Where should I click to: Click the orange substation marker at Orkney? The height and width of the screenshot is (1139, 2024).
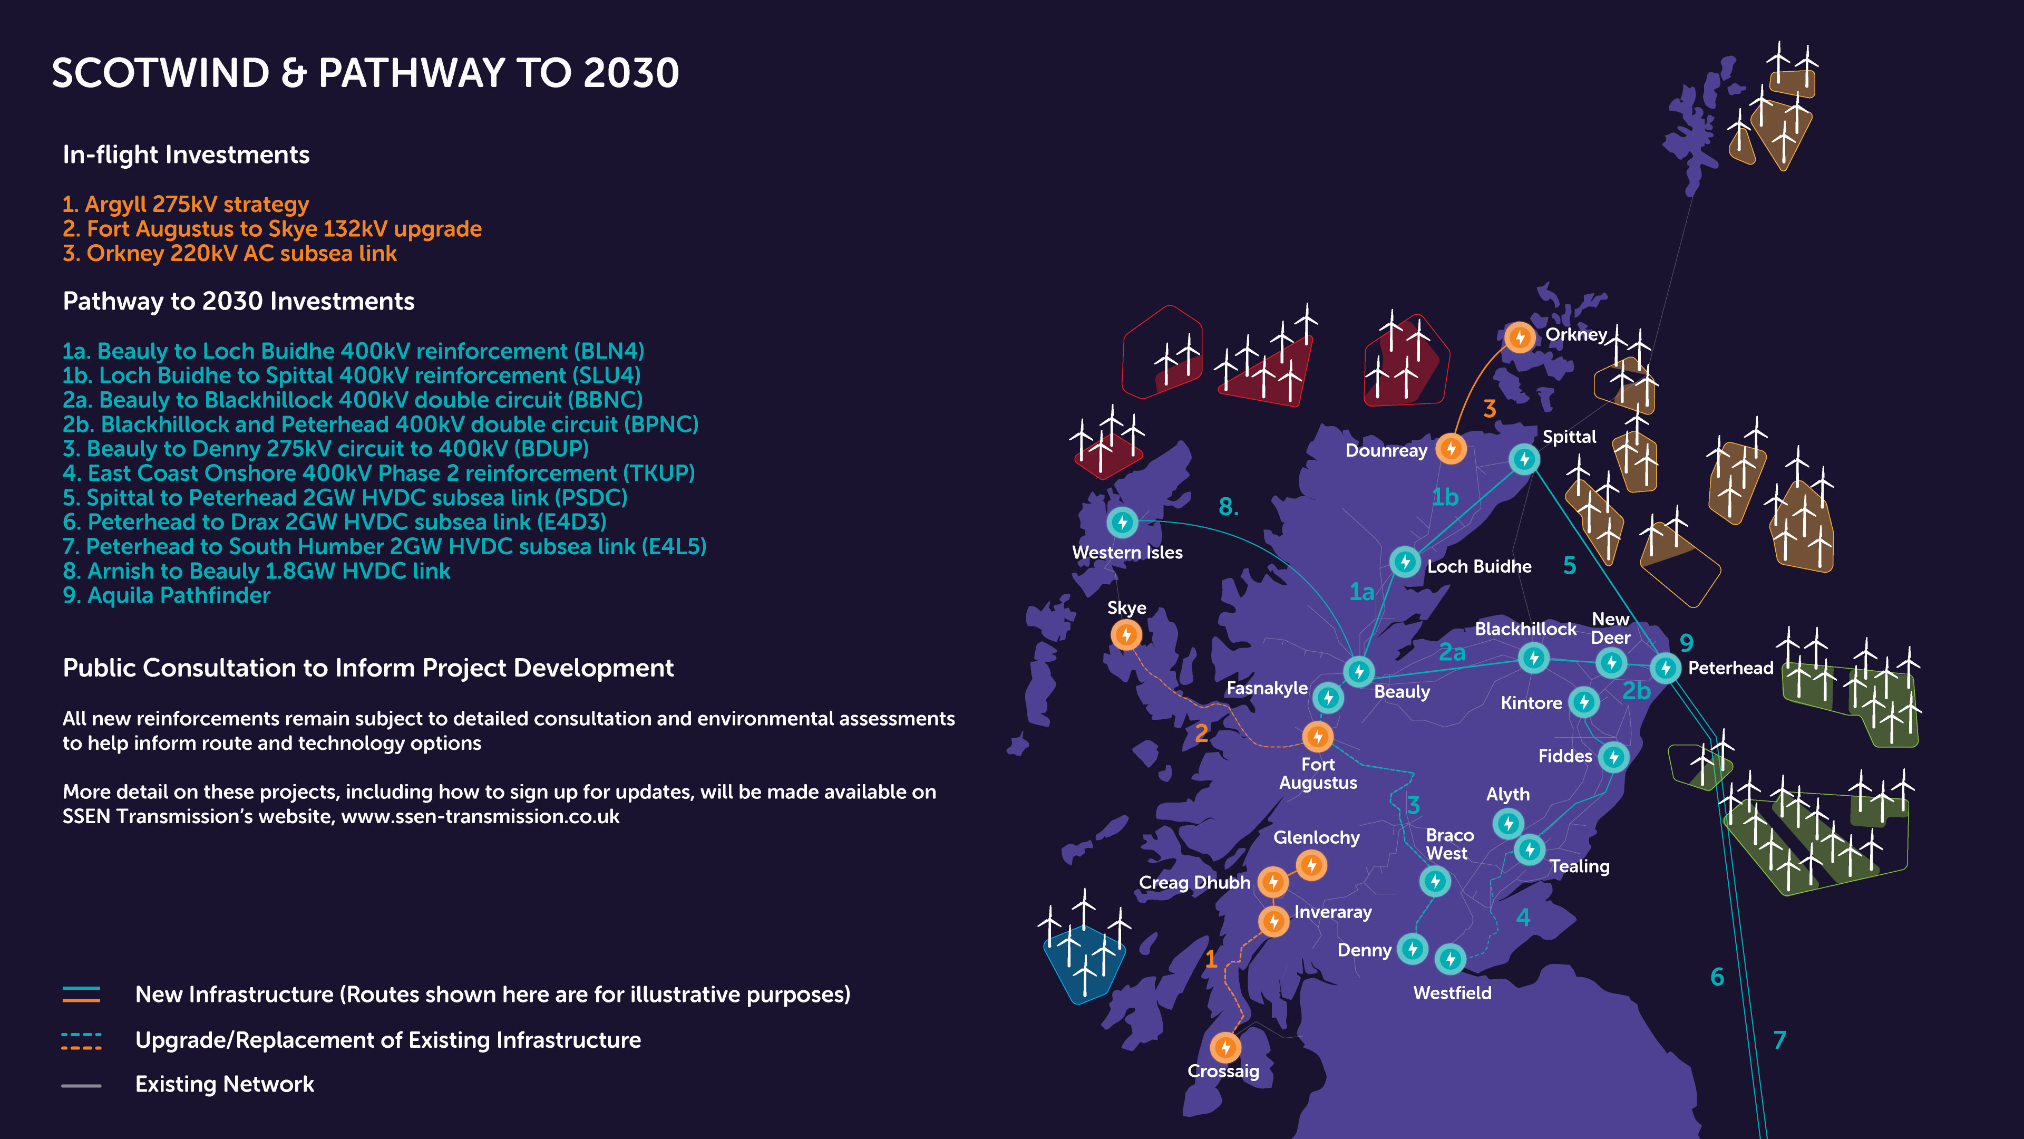(x=1520, y=338)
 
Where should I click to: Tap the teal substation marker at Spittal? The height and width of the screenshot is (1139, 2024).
(x=1524, y=459)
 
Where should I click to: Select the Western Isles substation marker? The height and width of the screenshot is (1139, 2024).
(x=1122, y=522)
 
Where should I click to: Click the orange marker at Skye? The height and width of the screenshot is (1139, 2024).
(x=1126, y=634)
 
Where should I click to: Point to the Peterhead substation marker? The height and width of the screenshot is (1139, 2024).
(x=1665, y=668)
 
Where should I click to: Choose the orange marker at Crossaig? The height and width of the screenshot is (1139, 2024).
(x=1225, y=1047)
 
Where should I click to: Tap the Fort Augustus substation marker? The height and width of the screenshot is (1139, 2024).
(x=1318, y=737)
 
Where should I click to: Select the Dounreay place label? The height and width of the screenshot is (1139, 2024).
(x=1386, y=450)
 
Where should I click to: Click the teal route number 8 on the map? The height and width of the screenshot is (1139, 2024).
(x=1227, y=507)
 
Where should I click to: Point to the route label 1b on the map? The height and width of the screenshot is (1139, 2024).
(x=1444, y=497)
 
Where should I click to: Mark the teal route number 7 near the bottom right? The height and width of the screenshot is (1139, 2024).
(x=1779, y=1040)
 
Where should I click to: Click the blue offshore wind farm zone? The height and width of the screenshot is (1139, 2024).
(x=1083, y=963)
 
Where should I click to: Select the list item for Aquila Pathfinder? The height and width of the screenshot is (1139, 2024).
(x=167, y=595)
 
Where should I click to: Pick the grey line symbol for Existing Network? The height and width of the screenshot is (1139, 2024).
(x=81, y=1086)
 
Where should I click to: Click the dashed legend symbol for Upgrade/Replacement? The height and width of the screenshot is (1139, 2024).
(x=81, y=1041)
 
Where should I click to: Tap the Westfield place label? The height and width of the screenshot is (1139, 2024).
(x=1452, y=993)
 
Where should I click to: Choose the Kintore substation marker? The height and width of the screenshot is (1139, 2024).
(x=1584, y=701)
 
